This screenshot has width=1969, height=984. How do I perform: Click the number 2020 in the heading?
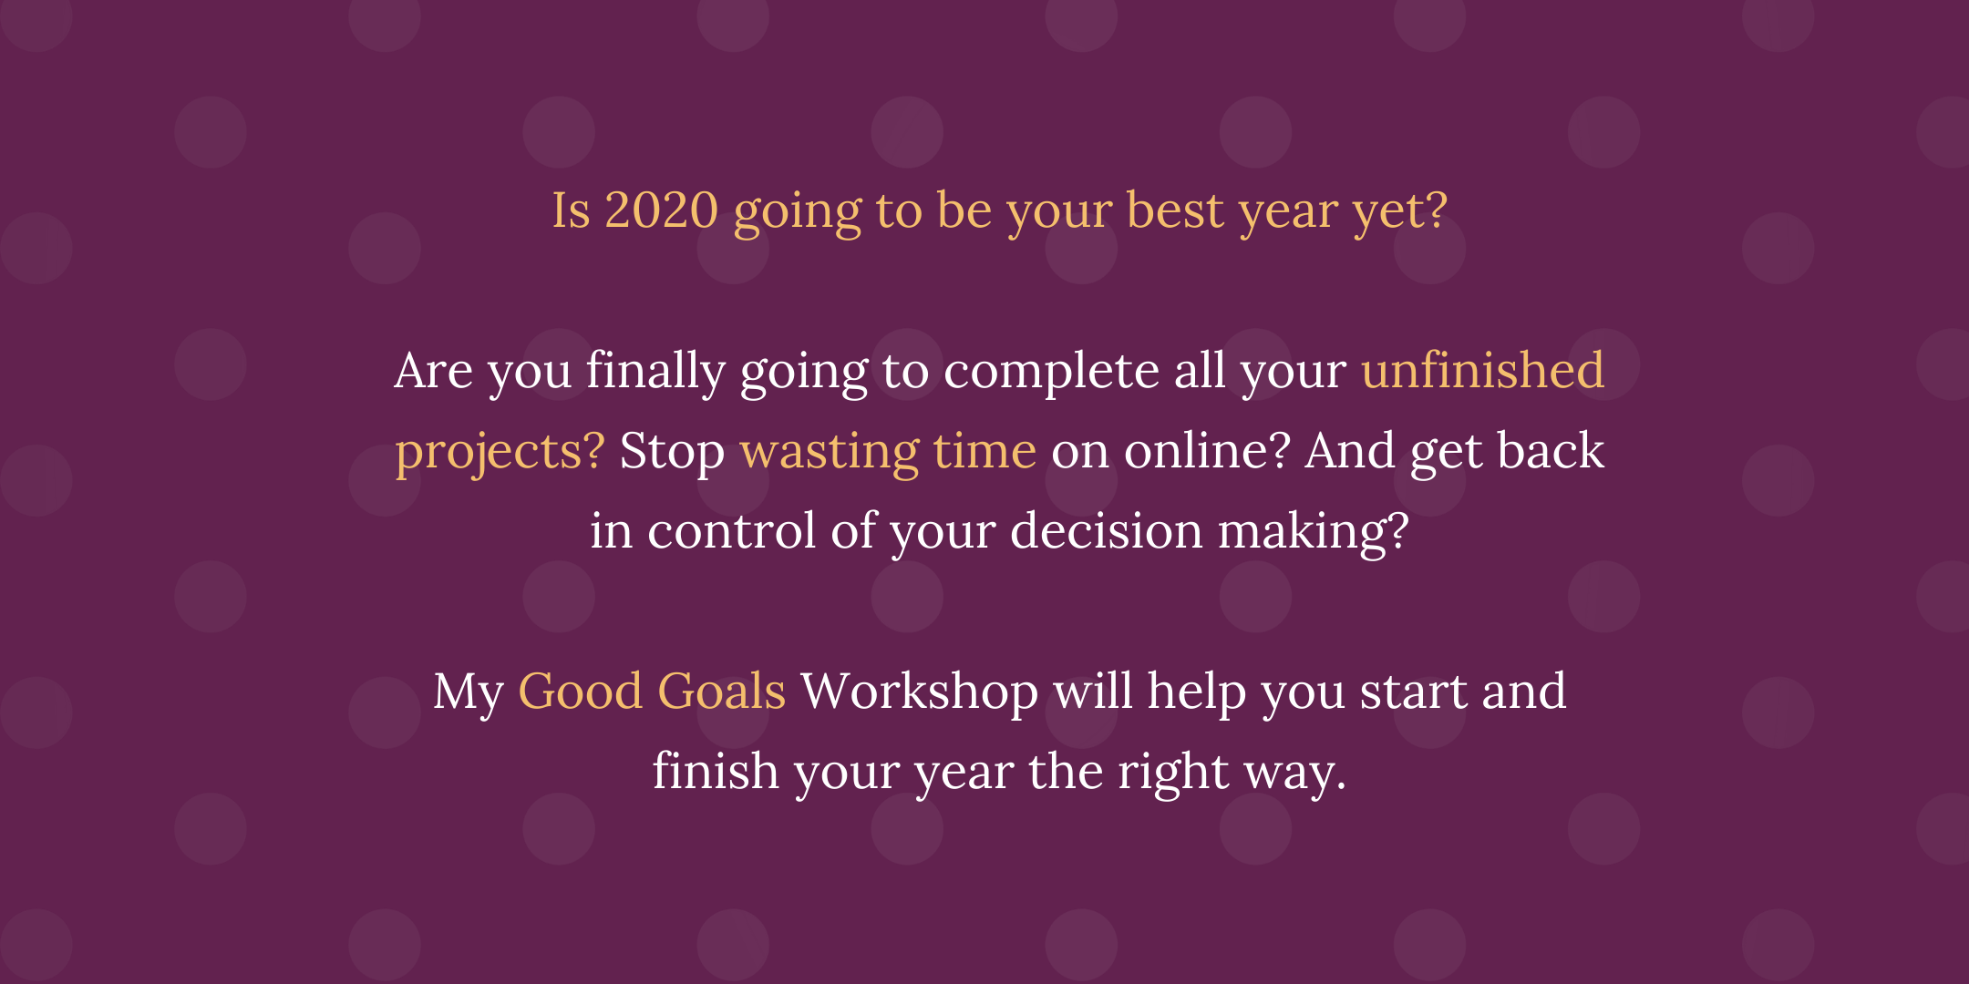pos(662,210)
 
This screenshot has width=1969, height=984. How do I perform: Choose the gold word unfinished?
pos(1483,370)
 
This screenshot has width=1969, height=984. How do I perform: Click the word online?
pos(1207,450)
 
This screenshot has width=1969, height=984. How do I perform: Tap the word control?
pos(731,530)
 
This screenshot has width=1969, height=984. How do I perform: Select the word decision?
pos(1107,530)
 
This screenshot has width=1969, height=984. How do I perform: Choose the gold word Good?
pos(580,691)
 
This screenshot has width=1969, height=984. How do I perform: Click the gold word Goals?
pos(721,691)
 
